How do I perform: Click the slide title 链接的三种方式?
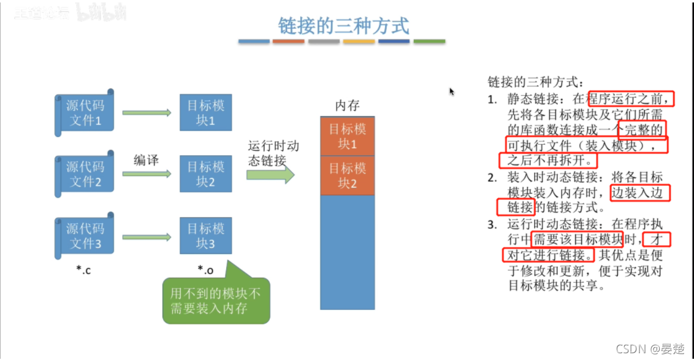(343, 26)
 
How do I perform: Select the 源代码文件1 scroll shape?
(85, 112)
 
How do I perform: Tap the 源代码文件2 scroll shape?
(85, 174)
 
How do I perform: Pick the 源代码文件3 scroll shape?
(85, 236)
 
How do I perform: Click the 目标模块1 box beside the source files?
(206, 112)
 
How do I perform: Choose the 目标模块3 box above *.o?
(206, 236)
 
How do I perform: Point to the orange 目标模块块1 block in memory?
(347, 136)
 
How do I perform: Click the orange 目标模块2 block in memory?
(347, 175)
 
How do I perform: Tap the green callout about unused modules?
(216, 300)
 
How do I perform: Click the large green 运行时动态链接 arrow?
(270, 174)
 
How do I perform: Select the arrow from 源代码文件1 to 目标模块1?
(147, 112)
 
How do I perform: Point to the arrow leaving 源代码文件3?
(147, 236)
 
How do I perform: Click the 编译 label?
(147, 160)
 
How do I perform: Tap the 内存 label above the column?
(347, 105)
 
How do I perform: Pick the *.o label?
(205, 269)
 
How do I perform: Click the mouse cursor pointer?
(452, 91)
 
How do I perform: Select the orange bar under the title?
(288, 42)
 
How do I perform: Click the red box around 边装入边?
(640, 193)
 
